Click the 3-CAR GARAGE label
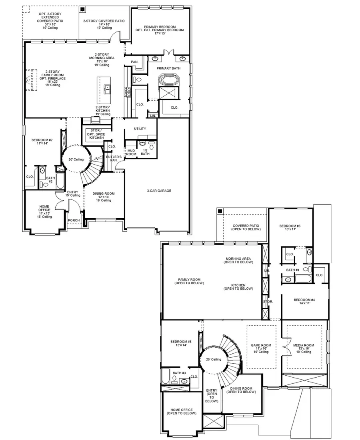tap(159, 191)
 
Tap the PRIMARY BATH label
tap(168, 68)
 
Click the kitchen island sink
tap(107, 89)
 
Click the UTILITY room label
tap(140, 128)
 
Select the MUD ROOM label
tap(131, 152)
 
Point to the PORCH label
tap(74, 220)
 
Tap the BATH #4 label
tap(293, 270)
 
